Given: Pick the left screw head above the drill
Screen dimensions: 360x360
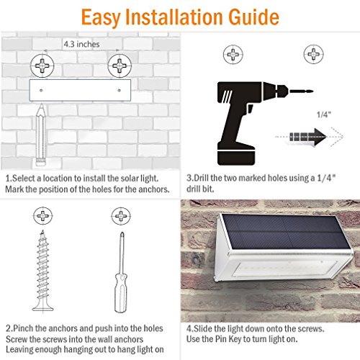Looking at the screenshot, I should (x=233, y=53).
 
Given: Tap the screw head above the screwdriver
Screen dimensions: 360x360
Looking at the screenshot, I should (x=118, y=215).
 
